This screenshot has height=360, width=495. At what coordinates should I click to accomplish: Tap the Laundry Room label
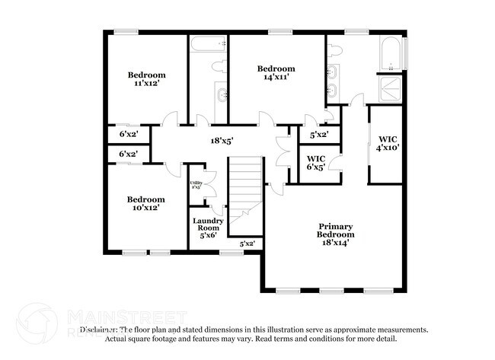(x=207, y=228)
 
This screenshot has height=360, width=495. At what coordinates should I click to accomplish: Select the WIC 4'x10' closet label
(x=388, y=143)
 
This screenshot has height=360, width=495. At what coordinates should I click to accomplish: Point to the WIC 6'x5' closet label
(x=316, y=162)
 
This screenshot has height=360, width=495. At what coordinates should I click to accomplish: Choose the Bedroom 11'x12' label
(x=146, y=79)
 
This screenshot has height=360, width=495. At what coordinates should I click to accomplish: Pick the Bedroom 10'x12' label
(x=146, y=203)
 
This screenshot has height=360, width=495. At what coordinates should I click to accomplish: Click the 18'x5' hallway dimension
(x=222, y=140)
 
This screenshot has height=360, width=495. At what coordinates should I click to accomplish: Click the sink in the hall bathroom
(x=222, y=95)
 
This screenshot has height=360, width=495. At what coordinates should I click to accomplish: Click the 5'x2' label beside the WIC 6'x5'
(x=318, y=135)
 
